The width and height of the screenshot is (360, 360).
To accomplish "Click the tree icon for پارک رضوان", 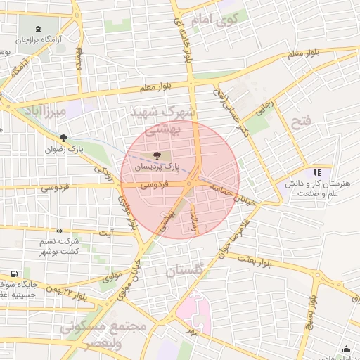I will (64, 139).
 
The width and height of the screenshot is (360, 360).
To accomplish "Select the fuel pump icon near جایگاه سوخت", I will (14, 274).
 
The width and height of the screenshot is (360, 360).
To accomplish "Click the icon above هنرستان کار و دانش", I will (317, 172).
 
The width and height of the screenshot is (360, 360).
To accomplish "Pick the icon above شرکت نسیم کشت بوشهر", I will (59, 231).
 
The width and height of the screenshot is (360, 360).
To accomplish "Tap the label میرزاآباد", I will (44, 112).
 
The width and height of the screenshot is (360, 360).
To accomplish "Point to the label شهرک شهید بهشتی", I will (165, 120).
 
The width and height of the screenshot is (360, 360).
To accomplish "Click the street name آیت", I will (106, 232).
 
